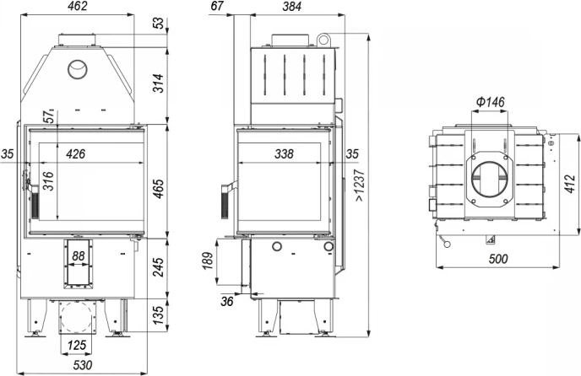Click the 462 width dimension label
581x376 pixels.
pyautogui.click(x=78, y=6)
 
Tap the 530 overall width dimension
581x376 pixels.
pyautogui.click(x=82, y=365)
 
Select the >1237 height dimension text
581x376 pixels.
pyautogui.click(x=360, y=185)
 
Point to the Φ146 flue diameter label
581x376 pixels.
pyautogui.click(x=490, y=101)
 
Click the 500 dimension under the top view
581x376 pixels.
pyautogui.click(x=498, y=259)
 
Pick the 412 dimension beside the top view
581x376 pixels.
pyautogui.click(x=571, y=184)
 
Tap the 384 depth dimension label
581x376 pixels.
pyautogui.click(x=292, y=6)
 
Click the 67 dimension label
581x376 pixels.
pyautogui.click(x=217, y=6)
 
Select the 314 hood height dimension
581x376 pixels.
pyautogui.click(x=158, y=83)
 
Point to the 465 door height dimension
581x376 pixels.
pyautogui.click(x=158, y=189)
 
